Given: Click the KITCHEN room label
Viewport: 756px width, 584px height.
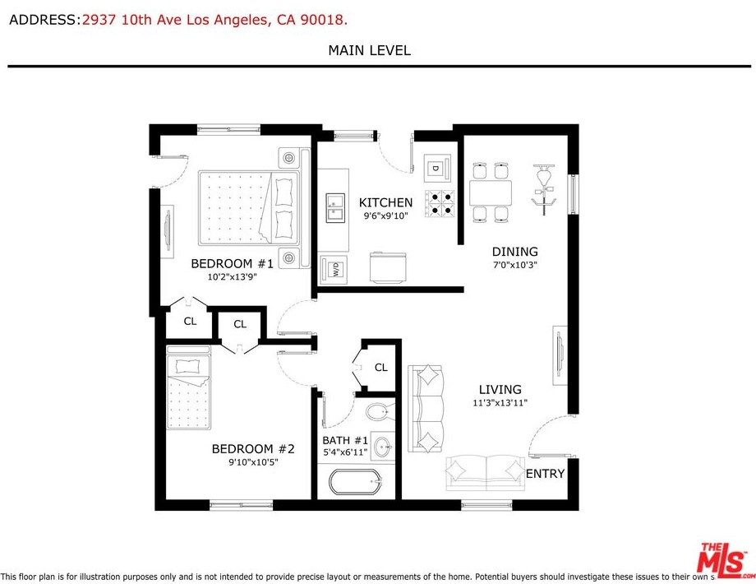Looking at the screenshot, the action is tap(385, 202).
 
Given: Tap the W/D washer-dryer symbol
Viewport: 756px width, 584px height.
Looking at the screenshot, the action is tap(334, 269).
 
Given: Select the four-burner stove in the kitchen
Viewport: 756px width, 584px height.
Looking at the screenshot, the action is tap(440, 203).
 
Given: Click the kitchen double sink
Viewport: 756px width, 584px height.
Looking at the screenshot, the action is tap(335, 207).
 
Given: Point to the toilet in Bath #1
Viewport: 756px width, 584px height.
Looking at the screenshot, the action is tap(380, 412).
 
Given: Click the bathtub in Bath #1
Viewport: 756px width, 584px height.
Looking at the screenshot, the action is tap(356, 482).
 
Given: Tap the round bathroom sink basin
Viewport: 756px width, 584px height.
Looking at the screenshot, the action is tap(383, 447).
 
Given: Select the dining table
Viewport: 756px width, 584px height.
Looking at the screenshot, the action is tap(491, 192).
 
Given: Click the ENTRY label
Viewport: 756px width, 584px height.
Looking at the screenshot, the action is tap(545, 474).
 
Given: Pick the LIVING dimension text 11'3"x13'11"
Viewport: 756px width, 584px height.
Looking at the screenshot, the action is tap(500, 402).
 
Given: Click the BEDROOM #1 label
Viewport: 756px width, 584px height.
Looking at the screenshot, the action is tap(232, 263).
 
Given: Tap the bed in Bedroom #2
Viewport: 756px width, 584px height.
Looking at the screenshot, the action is tap(188, 387).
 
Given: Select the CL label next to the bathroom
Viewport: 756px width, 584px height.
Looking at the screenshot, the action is tap(381, 368).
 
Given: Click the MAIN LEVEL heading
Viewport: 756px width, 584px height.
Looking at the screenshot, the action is tap(369, 50).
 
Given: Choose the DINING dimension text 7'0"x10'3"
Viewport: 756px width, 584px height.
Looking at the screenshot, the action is tap(515, 265).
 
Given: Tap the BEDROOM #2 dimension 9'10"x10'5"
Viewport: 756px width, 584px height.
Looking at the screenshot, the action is tap(253, 462).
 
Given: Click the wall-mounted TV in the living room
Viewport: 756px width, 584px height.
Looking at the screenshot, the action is tap(560, 355).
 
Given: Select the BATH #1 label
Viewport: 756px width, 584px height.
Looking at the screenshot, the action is tap(345, 440).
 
